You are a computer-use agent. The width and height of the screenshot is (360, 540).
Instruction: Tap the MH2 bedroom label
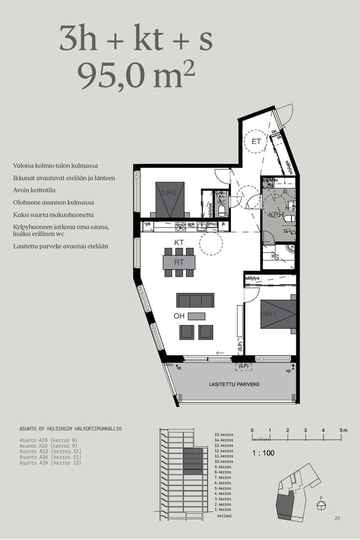[169, 193]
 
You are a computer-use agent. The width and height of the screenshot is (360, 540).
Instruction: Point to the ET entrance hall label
[256, 142]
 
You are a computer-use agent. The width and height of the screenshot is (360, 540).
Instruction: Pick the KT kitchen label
[179, 242]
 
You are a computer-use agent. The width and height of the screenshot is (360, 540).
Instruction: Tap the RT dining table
[179, 262]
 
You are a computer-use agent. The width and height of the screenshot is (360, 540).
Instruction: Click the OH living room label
[179, 316]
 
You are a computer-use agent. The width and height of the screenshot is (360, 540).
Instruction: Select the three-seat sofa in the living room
[195, 300]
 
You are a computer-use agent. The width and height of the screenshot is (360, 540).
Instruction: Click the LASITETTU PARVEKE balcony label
[235, 384]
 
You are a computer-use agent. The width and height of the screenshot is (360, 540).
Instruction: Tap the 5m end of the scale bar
[343, 431]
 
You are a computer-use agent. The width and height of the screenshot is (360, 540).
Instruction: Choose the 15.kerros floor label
[223, 434]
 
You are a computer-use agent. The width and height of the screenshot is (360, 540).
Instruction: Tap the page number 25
[337, 518]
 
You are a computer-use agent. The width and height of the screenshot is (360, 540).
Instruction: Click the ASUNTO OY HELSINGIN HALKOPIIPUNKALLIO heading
[70, 429]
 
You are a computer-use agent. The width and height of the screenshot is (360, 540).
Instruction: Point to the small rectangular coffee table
[196, 316]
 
